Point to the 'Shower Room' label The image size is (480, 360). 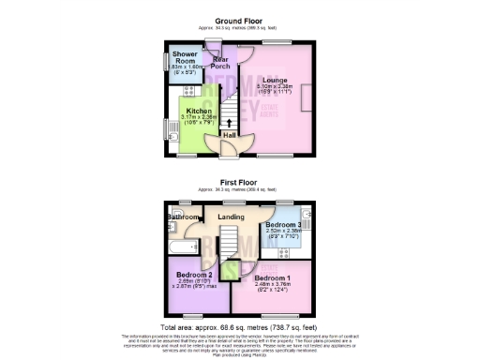tap(183, 58)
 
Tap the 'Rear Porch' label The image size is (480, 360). tap(221, 62)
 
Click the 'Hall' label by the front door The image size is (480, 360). tap(229, 135)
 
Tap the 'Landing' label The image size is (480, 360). tap(231, 217)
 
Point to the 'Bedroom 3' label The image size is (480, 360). tap(282, 225)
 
